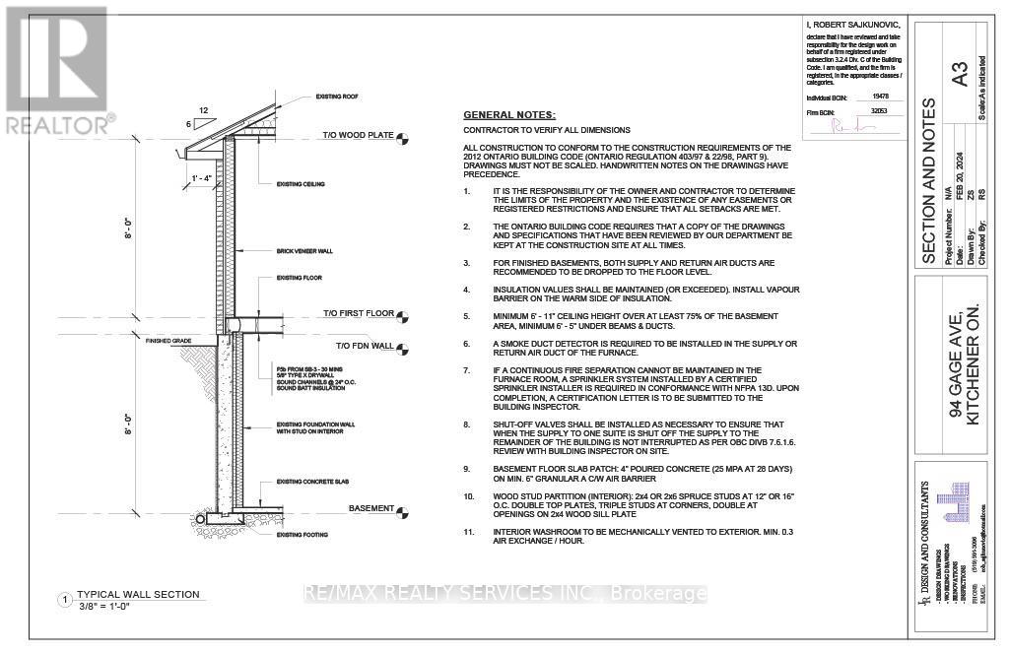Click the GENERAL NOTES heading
[509, 115]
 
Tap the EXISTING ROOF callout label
[336, 96]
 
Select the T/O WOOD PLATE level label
[359, 135]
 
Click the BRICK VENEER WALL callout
[304, 251]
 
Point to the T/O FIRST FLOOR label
[358, 314]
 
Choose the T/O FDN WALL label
[364, 346]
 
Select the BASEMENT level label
[370, 508]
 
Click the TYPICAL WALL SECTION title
[138, 595]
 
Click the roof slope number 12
[204, 110]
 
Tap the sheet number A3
[960, 75]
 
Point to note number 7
[468, 370]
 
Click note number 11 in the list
[469, 532]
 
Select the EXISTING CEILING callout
[301, 184]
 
